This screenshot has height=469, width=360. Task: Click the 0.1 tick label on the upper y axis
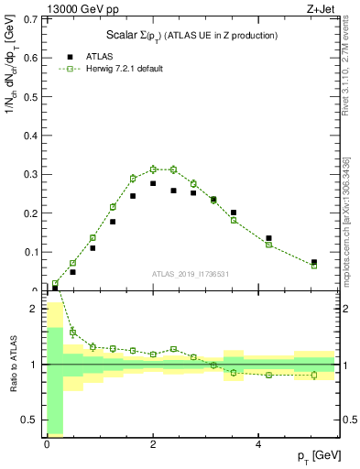pos(31,252)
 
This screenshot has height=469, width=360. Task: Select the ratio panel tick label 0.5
pos(31,420)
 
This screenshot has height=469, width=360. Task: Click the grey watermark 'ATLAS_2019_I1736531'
pos(190,273)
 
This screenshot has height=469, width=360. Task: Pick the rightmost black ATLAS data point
pos(313,262)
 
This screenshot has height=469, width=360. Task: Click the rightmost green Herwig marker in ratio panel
pos(313,375)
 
